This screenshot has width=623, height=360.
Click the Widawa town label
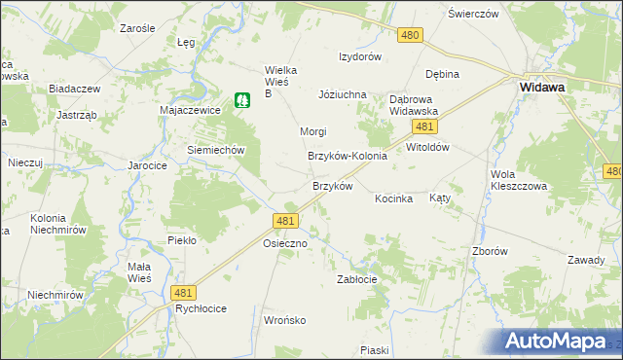[x=543, y=87]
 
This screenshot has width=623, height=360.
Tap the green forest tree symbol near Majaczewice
[x=240, y=99]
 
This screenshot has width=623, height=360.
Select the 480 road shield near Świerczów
[x=410, y=35]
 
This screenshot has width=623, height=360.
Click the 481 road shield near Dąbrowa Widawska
[x=422, y=127]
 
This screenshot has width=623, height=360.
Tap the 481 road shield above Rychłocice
[x=182, y=292]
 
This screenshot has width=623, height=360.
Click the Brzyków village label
[x=331, y=186]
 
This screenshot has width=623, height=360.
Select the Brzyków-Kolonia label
[x=348, y=156]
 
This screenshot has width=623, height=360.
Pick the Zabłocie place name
[x=356, y=279]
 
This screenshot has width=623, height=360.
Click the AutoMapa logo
[x=563, y=342]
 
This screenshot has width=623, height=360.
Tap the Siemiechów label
[x=214, y=151]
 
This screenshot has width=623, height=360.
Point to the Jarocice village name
[x=148, y=166]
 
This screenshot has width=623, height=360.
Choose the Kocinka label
[x=394, y=198]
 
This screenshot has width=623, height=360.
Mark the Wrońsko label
[x=285, y=319]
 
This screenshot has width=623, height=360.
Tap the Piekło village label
[x=182, y=239]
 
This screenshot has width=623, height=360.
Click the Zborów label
[x=490, y=250]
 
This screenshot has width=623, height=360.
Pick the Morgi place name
[x=312, y=131]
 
